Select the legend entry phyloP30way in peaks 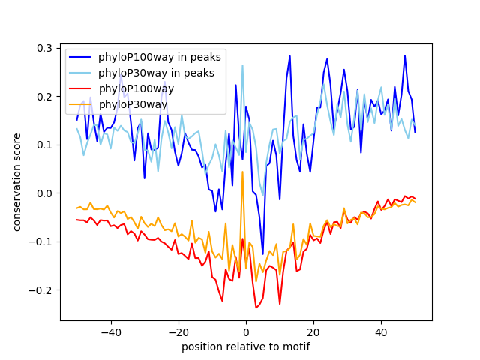coord(156,73)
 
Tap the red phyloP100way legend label coord(136,88)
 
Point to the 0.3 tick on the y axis coord(44,48)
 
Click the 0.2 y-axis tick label coord(44,97)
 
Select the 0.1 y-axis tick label coord(44,145)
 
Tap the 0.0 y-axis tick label coord(44,193)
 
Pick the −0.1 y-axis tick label coord(41,241)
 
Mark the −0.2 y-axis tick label coord(41,290)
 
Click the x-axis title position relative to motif coord(246,346)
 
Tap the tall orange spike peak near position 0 coord(242,172)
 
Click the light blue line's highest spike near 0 coord(242,66)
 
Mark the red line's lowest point coord(256,307)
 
